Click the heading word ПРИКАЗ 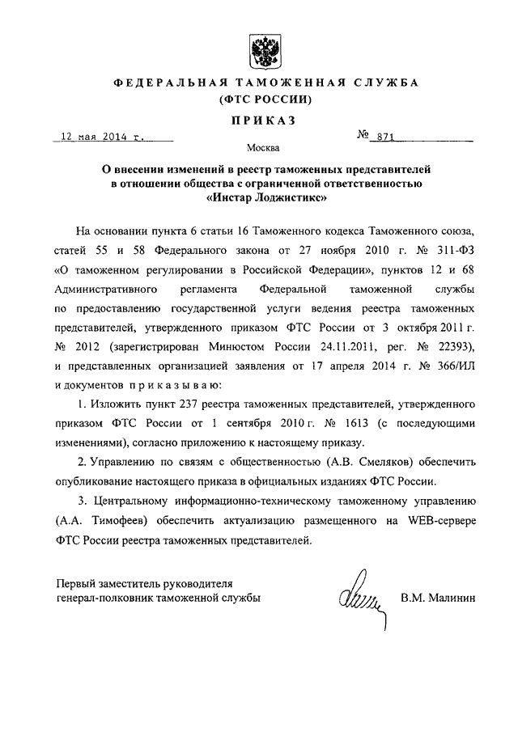coord(259,120)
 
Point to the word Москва coord(259,148)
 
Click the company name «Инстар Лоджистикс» coord(259,197)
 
